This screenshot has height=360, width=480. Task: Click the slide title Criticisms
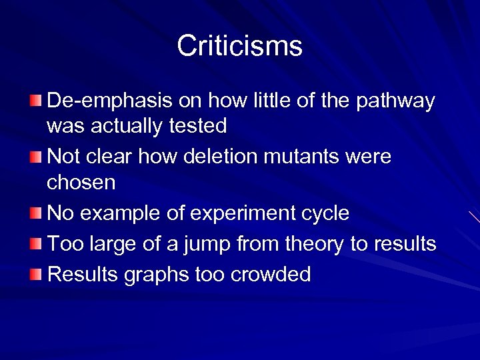click(x=239, y=46)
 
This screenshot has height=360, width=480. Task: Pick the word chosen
click(x=81, y=181)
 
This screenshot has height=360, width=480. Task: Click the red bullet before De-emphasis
click(x=35, y=101)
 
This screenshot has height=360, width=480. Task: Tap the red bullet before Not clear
click(x=35, y=157)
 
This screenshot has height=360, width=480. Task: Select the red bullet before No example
click(x=35, y=213)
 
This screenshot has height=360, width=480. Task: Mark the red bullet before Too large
click(x=35, y=244)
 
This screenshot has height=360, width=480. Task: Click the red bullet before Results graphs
click(x=35, y=274)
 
